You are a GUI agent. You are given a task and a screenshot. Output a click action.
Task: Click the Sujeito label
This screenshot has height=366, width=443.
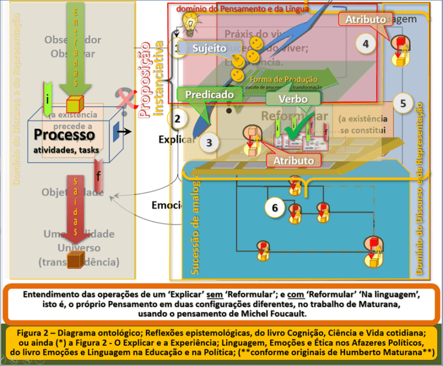[209, 48]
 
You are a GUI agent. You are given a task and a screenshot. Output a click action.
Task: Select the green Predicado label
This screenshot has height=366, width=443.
[210, 94]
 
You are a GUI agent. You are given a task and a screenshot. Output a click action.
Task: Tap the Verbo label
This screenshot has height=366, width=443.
[293, 99]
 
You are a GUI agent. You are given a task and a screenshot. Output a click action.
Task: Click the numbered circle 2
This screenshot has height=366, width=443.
[178, 119]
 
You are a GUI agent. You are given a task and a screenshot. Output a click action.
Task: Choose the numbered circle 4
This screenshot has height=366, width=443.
[365, 43]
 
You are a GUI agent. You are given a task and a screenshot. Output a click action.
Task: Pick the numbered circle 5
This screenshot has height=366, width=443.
[403, 103]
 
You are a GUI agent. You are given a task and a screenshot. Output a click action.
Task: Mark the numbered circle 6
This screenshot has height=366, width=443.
[275, 208]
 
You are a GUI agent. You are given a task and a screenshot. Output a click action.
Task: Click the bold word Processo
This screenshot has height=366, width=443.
[64, 135]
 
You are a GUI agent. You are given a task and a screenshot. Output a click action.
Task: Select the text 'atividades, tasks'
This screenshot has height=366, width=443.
[66, 151]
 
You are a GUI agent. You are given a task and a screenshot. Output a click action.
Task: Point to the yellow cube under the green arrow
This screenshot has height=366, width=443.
[76, 105]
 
